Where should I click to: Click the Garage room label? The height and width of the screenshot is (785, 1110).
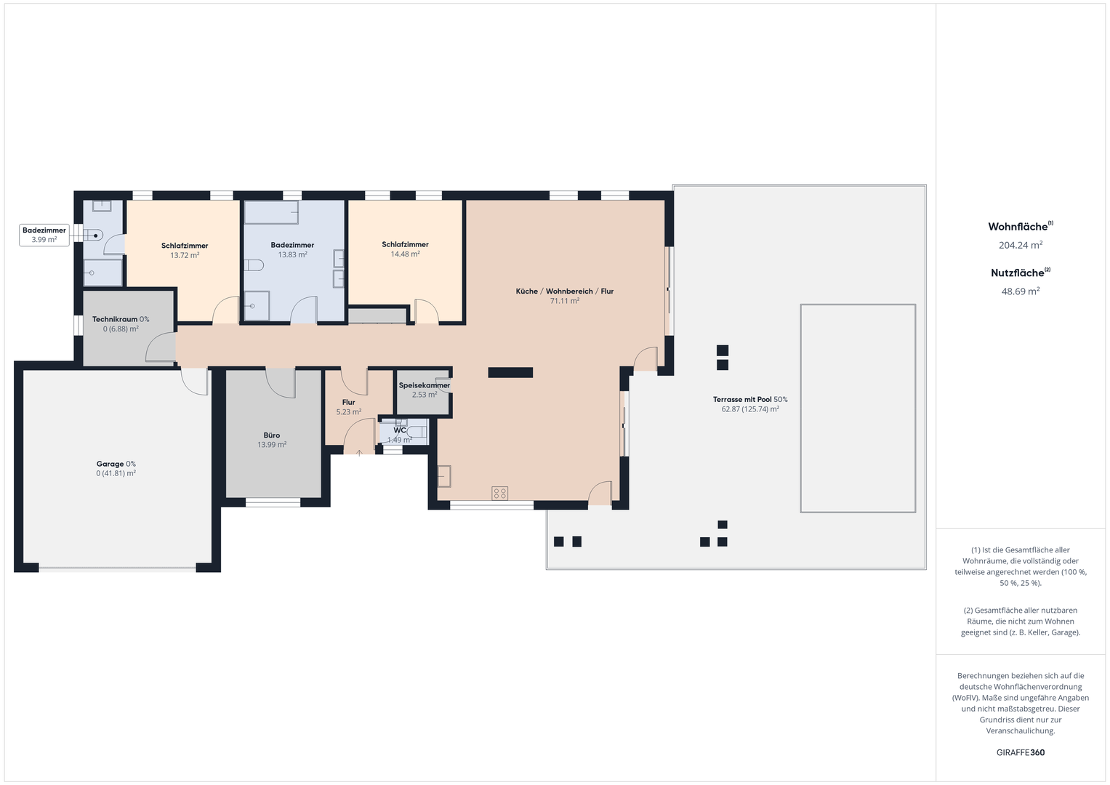click(x=110, y=464)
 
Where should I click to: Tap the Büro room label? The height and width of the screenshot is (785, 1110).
click(x=272, y=435)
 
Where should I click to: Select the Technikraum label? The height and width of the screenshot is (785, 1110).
click(x=114, y=319)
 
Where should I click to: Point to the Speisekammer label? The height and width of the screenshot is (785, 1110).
click(x=425, y=385)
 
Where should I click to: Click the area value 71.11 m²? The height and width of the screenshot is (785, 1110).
click(x=564, y=301)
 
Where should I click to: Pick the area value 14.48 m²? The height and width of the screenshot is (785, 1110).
click(x=406, y=254)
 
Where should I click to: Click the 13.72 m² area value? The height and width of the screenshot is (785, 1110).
click(x=185, y=255)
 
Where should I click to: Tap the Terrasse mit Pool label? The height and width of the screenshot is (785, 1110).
click(x=742, y=400)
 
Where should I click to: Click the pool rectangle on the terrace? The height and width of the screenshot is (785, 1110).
click(x=858, y=408)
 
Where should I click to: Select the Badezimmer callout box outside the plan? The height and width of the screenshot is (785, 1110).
click(x=44, y=235)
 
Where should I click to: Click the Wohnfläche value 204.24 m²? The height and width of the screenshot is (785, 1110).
click(x=1021, y=245)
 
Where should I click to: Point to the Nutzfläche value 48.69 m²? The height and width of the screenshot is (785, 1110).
click(x=1021, y=291)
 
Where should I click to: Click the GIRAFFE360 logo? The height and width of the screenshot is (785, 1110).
click(x=1021, y=752)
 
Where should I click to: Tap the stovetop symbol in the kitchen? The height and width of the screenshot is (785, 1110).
click(x=499, y=493)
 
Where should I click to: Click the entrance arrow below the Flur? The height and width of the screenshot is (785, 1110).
click(x=359, y=453)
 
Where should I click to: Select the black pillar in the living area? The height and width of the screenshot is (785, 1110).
click(x=510, y=373)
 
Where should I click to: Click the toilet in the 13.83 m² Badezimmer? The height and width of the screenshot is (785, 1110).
click(x=253, y=265)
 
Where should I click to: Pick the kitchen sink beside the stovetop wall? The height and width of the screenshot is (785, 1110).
click(x=444, y=476)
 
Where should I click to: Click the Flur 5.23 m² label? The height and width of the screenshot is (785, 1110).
click(x=348, y=407)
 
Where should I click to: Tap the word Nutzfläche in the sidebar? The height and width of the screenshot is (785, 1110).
click(x=1018, y=273)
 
